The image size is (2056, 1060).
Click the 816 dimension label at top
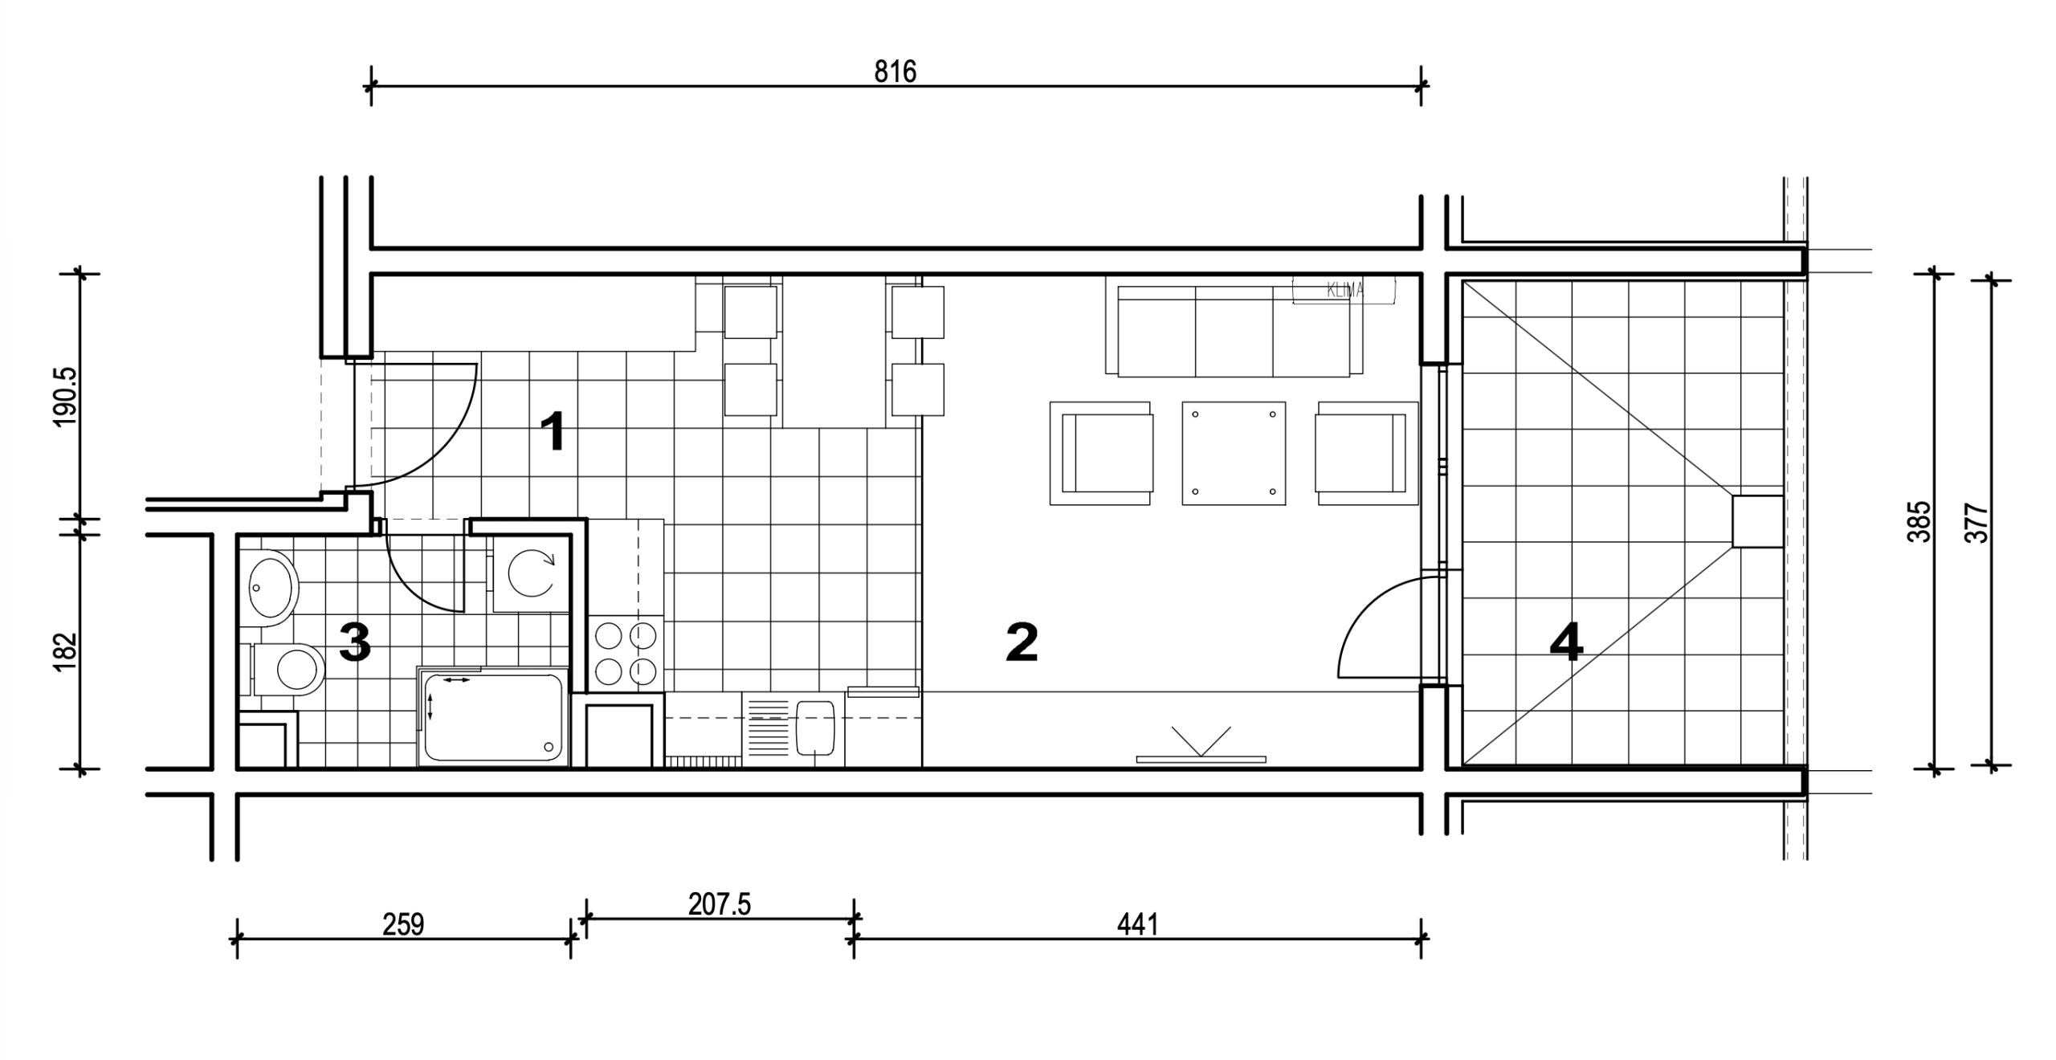[895, 72]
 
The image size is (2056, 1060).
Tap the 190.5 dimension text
[66, 397]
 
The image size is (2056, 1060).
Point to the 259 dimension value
[403, 925]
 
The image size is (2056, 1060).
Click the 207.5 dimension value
[720, 904]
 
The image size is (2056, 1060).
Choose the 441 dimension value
[1138, 925]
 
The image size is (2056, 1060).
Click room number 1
[553, 431]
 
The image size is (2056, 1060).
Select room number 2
[1022, 643]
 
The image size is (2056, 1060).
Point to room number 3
[355, 643]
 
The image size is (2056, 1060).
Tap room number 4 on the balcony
[1566, 643]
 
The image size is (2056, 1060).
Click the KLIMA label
[1344, 291]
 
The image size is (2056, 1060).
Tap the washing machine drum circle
[532, 573]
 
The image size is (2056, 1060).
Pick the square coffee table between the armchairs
[1234, 453]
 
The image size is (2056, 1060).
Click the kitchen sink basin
[816, 732]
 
